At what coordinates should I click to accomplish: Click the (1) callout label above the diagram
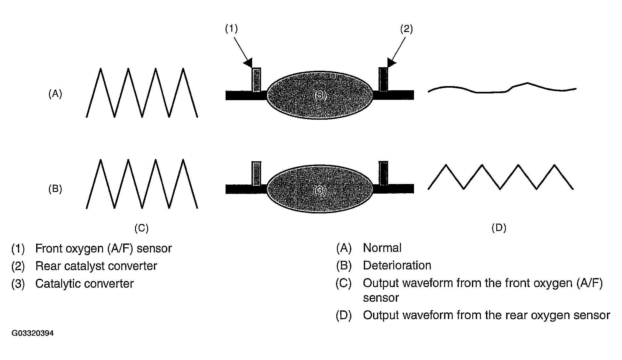231,29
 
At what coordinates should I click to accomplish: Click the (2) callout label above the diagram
406,29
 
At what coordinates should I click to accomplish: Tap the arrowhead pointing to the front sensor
248,62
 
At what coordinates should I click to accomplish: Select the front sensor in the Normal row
257,80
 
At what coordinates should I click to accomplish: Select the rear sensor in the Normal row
383,79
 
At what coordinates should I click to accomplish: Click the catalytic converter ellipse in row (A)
320,95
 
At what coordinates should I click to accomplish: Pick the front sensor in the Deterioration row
257,173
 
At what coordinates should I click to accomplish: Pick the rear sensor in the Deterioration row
383,173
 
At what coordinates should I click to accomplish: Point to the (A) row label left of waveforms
55,94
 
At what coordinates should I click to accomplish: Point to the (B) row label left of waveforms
55,189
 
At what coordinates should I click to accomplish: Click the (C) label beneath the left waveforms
141,228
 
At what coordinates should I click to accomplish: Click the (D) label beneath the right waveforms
499,228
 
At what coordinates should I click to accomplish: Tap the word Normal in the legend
382,248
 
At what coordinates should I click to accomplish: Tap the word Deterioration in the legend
397,266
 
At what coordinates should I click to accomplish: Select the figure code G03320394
33,333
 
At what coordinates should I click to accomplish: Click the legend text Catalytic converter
84,284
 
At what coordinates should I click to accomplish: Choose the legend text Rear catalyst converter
96,266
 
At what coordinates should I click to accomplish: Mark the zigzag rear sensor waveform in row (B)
500,177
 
